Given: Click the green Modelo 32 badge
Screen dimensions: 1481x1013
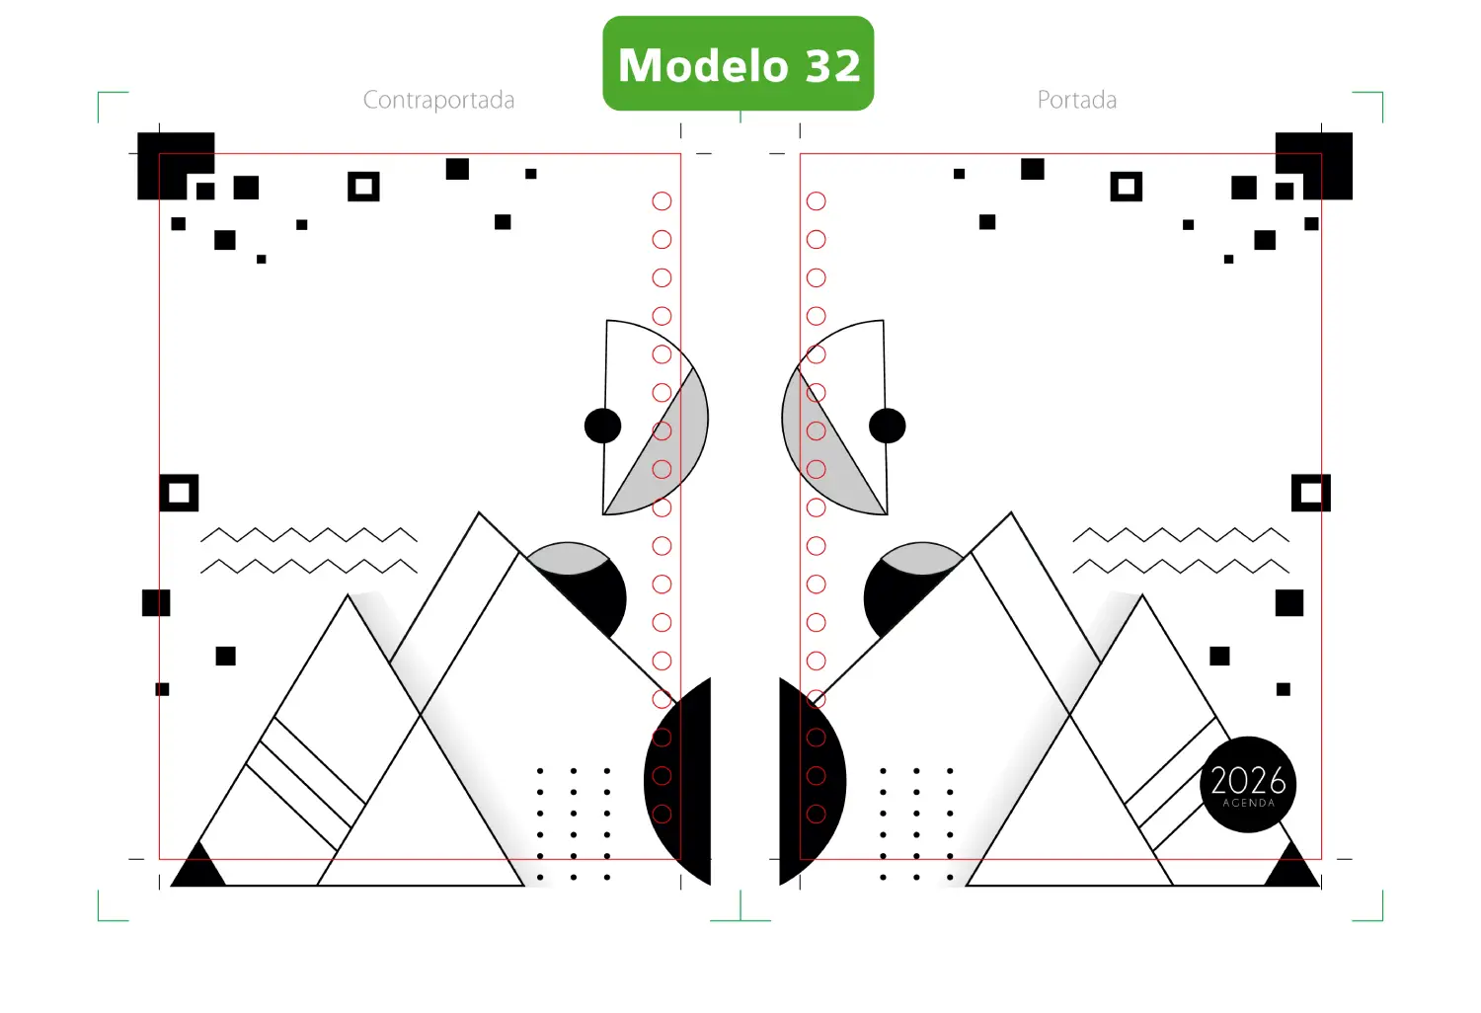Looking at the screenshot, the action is click(739, 63).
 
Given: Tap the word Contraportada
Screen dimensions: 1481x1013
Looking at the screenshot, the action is click(439, 100).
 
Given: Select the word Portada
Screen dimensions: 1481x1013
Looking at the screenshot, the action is click(1077, 100).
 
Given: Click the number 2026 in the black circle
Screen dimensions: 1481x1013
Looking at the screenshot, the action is click(1248, 780).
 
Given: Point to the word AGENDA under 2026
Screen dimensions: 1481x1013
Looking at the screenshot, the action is click(1248, 804).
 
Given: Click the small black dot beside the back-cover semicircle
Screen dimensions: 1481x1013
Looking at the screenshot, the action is click(603, 426).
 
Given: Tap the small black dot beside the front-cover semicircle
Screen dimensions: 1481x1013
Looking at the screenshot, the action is click(888, 426).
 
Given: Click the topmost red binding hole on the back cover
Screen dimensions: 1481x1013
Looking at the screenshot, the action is click(662, 201).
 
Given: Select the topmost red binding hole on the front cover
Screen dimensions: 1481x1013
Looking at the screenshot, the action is click(817, 201).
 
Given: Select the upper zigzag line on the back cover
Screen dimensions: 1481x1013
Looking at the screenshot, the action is click(309, 535).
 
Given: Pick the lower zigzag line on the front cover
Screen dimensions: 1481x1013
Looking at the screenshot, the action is click(1181, 567).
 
